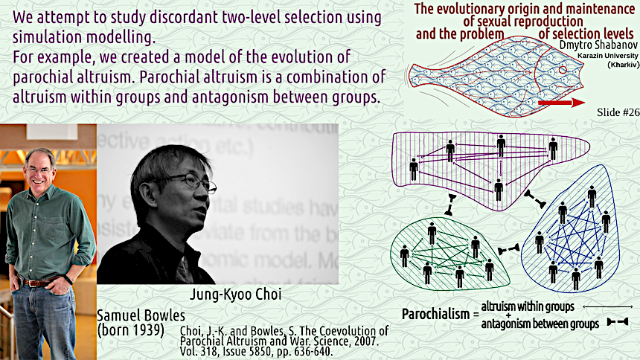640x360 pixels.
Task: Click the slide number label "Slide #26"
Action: (618, 112)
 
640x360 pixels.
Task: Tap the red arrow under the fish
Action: (562, 103)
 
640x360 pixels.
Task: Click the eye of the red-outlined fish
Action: (563, 70)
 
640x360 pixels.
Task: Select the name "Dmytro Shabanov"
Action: (598, 45)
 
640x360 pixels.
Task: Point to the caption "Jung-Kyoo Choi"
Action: (235, 295)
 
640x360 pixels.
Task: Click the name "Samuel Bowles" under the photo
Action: (141, 315)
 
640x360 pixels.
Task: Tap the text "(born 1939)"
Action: (131, 330)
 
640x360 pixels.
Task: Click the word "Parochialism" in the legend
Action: (435, 315)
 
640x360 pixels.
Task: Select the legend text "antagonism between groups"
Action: (540, 324)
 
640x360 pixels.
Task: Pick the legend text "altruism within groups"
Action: (528, 306)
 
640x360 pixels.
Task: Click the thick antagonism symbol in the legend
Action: (618, 322)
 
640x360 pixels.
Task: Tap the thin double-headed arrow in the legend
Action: (608, 306)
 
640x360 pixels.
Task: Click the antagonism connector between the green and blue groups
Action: (508, 249)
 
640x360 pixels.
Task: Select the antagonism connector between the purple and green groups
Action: (450, 205)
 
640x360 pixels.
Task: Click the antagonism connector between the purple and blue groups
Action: (535, 199)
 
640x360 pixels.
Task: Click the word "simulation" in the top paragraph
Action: (48, 37)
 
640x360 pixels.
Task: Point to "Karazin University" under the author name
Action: (608, 56)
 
